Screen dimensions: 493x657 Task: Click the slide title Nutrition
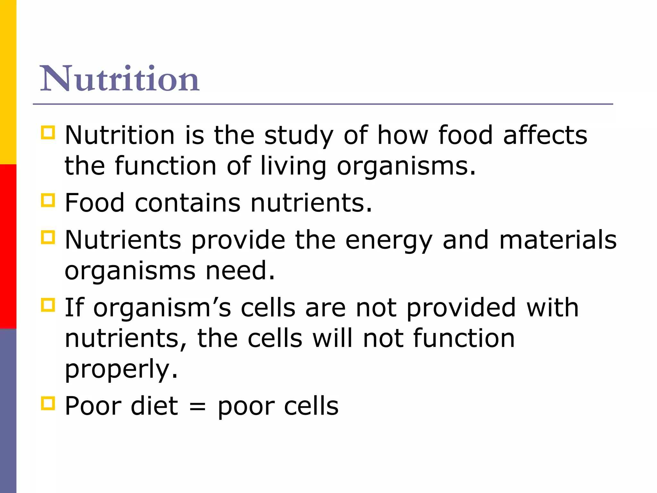coord(120,79)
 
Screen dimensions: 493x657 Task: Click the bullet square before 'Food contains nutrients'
coord(48,200)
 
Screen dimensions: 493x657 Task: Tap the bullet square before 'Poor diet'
coord(48,403)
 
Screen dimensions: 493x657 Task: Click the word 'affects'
coord(545,135)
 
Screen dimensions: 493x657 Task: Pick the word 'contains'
coord(187,203)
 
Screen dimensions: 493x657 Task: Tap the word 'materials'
coord(558,240)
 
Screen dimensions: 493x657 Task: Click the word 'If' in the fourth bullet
coord(74,307)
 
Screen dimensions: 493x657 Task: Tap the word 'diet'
coord(154,406)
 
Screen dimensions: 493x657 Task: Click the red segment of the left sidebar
coord(8,246)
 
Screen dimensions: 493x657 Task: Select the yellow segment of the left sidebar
coord(8,82)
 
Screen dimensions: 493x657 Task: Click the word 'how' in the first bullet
coord(403,135)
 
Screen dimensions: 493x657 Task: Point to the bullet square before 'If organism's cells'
coord(48,305)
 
